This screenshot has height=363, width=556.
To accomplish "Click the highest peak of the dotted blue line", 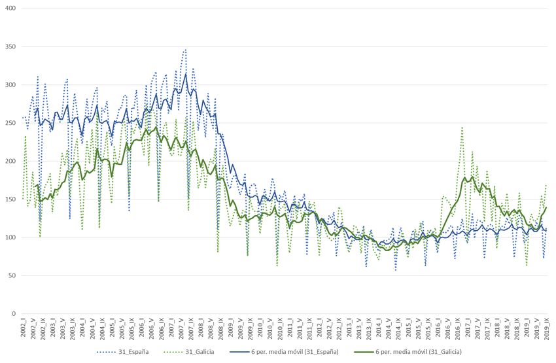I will click(185, 49).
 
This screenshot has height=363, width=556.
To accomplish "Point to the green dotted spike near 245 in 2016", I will click(462, 128).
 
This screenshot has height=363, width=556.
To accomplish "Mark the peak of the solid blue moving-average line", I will click(186, 73).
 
